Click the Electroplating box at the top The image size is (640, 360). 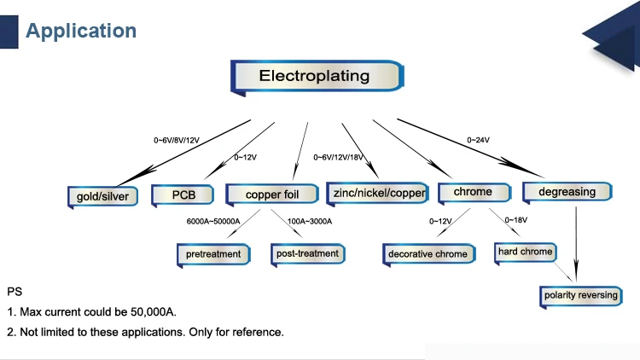pos(316,76)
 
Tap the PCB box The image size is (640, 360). pos(183,195)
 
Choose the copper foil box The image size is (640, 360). pos(273,195)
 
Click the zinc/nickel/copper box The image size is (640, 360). pos(377,194)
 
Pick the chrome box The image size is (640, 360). pos(472,193)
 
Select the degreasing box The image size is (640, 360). pos(567,192)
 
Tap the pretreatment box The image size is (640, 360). pos(213,253)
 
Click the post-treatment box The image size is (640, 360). pos(307,253)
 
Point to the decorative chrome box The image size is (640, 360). pos(428,253)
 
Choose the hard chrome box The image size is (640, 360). pos(525,252)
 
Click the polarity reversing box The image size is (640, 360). pos(580,296)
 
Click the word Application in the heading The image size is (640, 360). pos(81,32)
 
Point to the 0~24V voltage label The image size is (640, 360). pos(479,139)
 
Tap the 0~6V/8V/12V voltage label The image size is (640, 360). pos(176,140)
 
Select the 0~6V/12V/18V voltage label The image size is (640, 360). pos(338,157)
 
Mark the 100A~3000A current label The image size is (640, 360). pos(310,222)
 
